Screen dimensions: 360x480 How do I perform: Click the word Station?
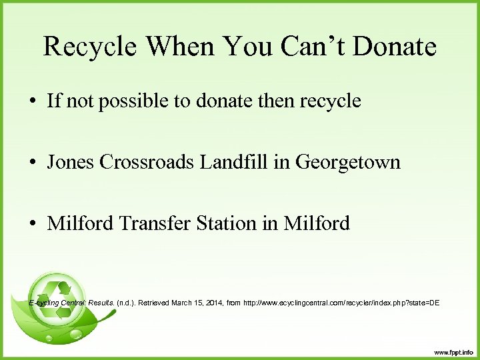pyautogui.click(x=227, y=223)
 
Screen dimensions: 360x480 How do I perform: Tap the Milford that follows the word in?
pyautogui.click(x=317, y=223)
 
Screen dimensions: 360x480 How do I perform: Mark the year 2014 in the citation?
pyautogui.click(x=215, y=303)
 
